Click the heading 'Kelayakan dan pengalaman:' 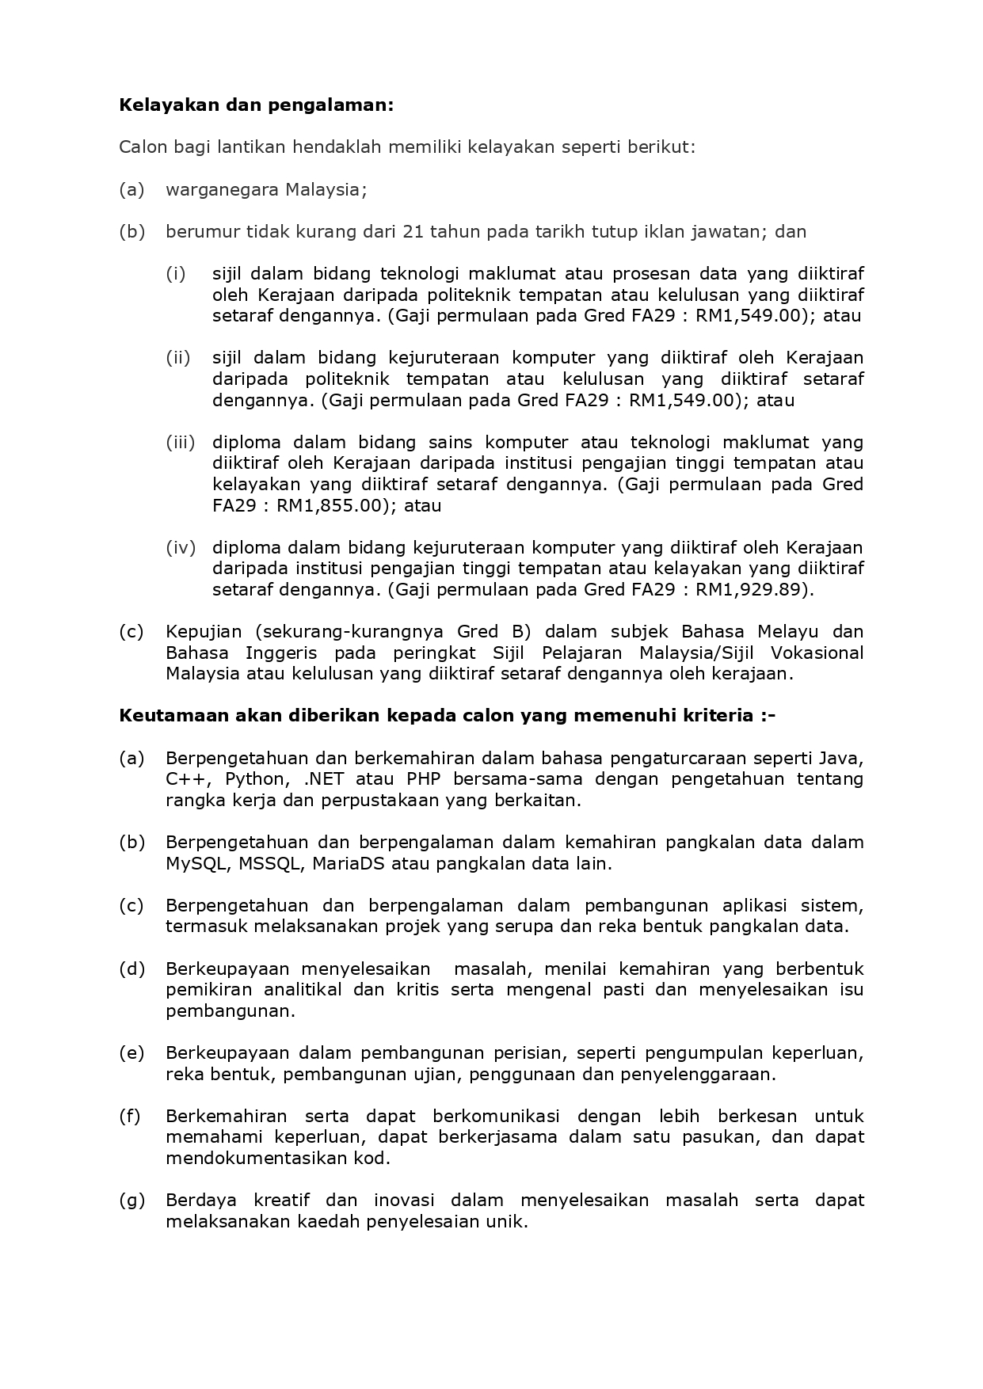pyautogui.click(x=256, y=105)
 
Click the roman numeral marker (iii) pyautogui.click(x=180, y=442)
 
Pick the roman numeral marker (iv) pyautogui.click(x=180, y=547)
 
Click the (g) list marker pyautogui.click(x=131, y=1201)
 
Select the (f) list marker pyautogui.click(x=130, y=1117)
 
